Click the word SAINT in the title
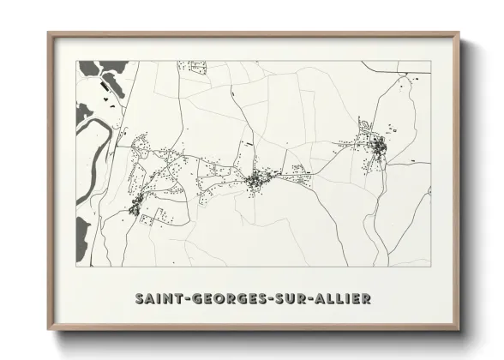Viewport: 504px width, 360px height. (157, 298)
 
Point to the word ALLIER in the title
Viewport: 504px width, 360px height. (340, 298)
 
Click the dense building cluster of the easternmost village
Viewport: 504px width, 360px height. (377, 149)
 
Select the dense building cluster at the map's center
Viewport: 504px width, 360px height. (255, 181)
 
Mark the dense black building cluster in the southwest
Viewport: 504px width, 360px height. (135, 206)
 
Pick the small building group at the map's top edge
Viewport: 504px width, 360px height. (195, 65)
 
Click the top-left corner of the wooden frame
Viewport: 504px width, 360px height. (49, 34)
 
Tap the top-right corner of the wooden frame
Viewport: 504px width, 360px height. (458, 34)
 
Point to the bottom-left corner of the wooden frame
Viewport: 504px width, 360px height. (49, 328)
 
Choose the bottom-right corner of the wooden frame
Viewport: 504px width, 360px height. (458, 328)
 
